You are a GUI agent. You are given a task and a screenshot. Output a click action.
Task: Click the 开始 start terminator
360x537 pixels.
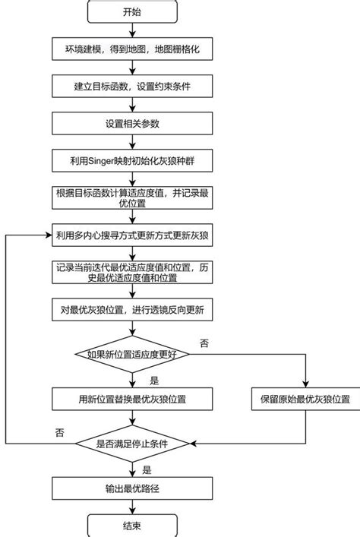[x=132, y=12]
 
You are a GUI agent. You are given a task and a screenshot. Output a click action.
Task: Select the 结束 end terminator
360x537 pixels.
[x=132, y=525]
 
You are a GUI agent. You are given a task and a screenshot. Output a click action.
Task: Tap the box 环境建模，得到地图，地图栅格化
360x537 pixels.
[x=132, y=50]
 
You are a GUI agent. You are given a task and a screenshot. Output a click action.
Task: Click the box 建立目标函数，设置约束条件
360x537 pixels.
[x=132, y=87]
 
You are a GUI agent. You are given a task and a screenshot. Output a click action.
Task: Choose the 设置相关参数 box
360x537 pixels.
[x=132, y=123]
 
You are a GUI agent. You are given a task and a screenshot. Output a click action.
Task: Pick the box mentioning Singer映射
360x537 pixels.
[x=132, y=160]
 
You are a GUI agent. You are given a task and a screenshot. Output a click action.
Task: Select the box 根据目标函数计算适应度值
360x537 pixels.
[x=132, y=197]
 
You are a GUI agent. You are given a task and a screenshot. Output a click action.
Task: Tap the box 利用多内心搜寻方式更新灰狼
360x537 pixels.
[x=132, y=235]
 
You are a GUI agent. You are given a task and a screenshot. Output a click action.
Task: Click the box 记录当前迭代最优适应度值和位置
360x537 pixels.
[x=132, y=273]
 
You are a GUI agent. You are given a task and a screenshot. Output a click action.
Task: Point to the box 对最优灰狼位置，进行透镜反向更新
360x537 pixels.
[x=132, y=310]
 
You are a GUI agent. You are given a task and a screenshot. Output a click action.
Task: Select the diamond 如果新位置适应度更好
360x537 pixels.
[x=132, y=354]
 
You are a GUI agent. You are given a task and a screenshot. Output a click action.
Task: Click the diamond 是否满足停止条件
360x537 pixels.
[x=132, y=443]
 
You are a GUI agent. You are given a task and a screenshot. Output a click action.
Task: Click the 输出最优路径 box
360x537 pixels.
[x=132, y=488]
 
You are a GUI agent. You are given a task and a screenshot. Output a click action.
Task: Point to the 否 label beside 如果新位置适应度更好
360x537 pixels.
[x=204, y=344]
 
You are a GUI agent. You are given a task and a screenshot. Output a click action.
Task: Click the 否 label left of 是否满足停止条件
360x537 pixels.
[x=59, y=431]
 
